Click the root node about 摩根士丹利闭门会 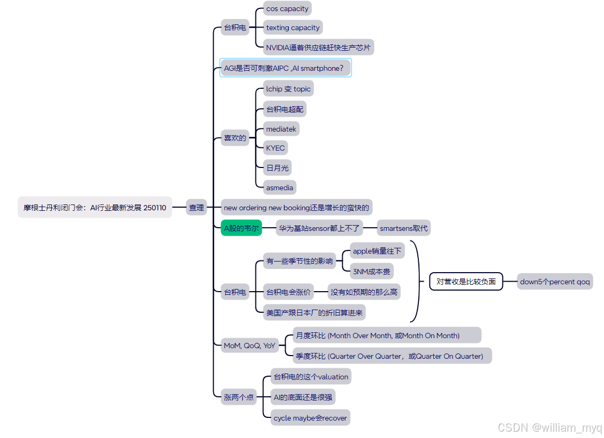pos(95,208)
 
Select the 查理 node pos(196,208)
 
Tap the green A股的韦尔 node pos(241,228)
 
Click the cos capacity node pos(287,8)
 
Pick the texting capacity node pos(292,27)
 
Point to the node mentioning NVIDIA pos(318,47)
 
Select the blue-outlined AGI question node pos(285,68)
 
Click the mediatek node pos(281,129)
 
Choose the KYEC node pos(276,148)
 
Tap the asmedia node pos(279,187)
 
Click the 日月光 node pos(278,168)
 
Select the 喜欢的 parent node pos(235,138)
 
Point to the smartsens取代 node pos(404,228)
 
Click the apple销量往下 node pos(377,251)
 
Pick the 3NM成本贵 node pos(371,272)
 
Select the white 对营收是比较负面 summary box pos(465,282)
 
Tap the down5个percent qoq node pos(555,282)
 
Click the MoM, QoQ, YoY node pos(250,346)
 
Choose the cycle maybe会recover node pos(310,418)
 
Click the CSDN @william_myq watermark pos(550,427)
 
